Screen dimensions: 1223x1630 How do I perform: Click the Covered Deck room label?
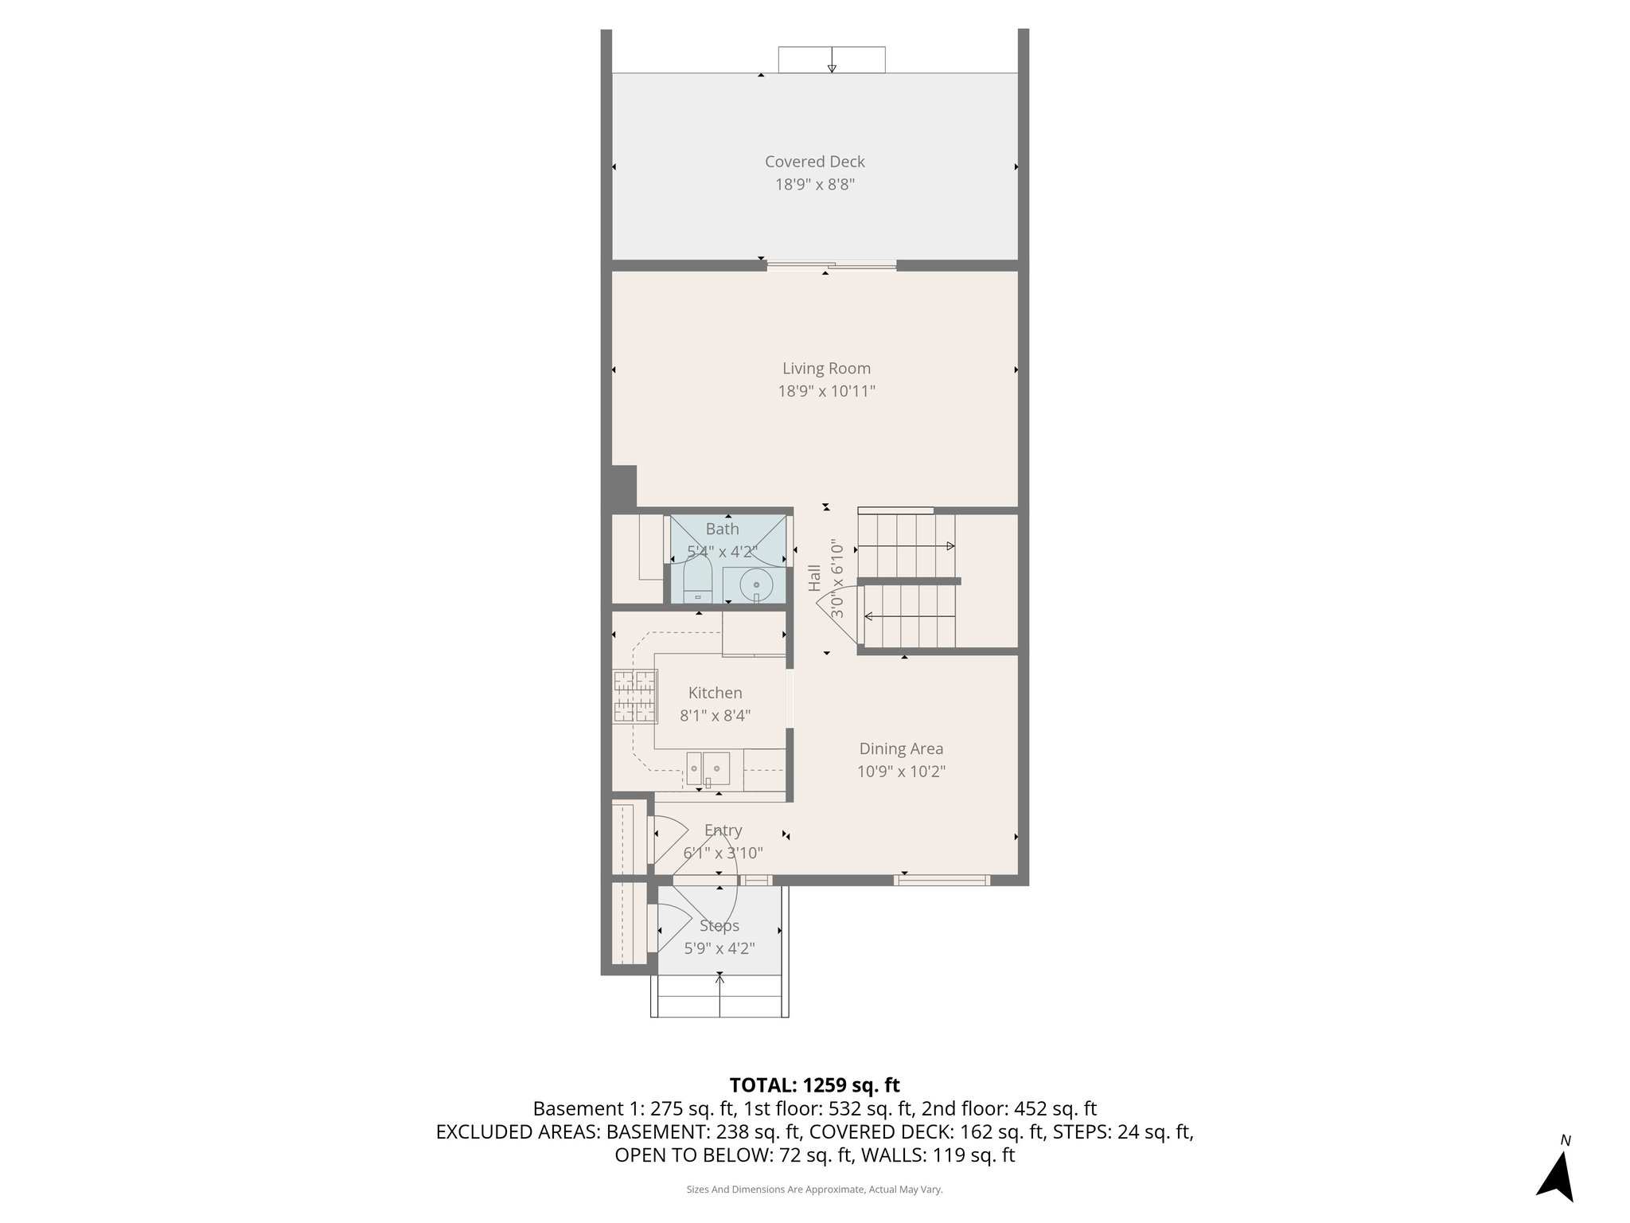pyautogui.click(x=814, y=162)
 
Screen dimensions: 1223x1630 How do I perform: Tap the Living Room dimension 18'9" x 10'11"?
pyautogui.click(x=826, y=391)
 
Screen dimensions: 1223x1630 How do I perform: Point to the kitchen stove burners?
pyautogui.click(x=634, y=697)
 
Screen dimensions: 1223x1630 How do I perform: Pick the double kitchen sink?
pyautogui.click(x=708, y=768)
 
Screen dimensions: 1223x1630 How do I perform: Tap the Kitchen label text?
pyautogui.click(x=715, y=693)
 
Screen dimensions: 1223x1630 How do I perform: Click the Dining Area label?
pyautogui.click(x=901, y=748)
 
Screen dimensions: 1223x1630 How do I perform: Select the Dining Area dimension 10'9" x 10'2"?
pyautogui.click(x=901, y=772)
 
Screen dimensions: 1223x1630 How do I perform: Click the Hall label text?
pyautogui.click(x=814, y=578)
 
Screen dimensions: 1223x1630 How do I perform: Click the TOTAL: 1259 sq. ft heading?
pyautogui.click(x=814, y=1085)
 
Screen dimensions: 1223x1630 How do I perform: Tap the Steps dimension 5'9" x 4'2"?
pyautogui.click(x=719, y=949)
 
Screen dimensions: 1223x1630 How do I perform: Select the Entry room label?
pyautogui.click(x=723, y=830)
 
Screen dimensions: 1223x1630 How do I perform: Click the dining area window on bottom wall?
pyautogui.click(x=941, y=880)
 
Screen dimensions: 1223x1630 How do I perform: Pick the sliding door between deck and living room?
pyautogui.click(x=831, y=265)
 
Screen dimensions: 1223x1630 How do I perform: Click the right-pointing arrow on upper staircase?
pyautogui.click(x=950, y=546)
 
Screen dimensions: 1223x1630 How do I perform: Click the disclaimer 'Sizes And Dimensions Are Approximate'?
pyautogui.click(x=814, y=1190)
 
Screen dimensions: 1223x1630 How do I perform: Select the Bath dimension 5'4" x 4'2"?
pyautogui.click(x=722, y=551)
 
